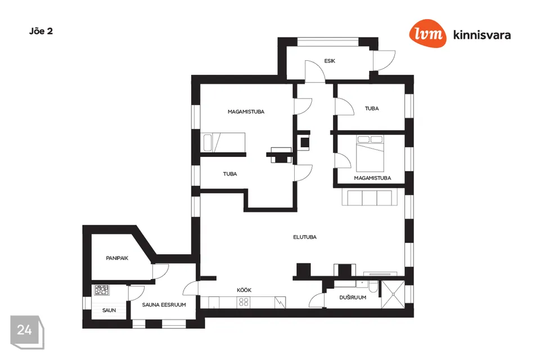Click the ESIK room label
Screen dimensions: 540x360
329,61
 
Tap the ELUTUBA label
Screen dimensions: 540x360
304,237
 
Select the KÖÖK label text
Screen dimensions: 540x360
244,290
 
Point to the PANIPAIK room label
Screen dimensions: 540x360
117,258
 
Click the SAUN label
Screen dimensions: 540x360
109,310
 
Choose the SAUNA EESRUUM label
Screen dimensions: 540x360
164,305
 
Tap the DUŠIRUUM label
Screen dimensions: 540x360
353,298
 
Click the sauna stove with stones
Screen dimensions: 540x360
102,290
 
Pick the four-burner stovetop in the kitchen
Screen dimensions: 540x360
244,302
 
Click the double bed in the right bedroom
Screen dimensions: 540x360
370,154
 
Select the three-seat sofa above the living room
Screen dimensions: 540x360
369,197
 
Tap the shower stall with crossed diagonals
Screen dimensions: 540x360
393,295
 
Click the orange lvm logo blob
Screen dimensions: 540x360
427,33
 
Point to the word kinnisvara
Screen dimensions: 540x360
482,35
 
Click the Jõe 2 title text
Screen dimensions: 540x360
41,31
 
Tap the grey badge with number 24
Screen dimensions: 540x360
27,331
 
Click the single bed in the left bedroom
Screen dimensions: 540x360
224,143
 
